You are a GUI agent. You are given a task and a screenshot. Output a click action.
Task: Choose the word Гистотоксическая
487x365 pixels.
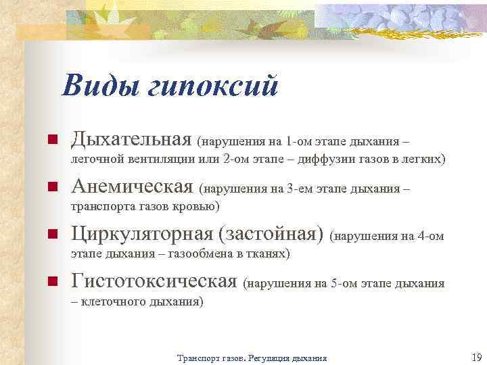coord(154,281)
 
